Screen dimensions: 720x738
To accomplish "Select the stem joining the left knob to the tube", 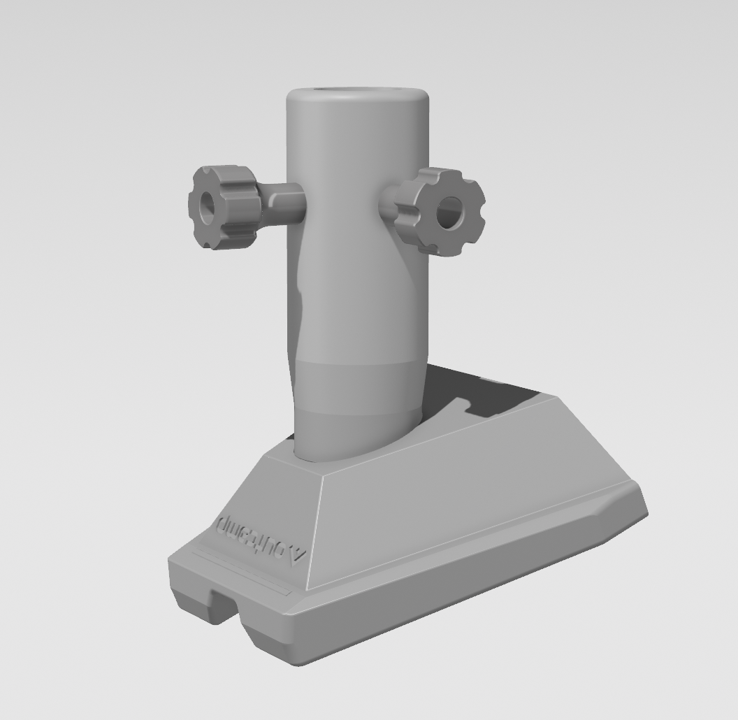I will [283, 202].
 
